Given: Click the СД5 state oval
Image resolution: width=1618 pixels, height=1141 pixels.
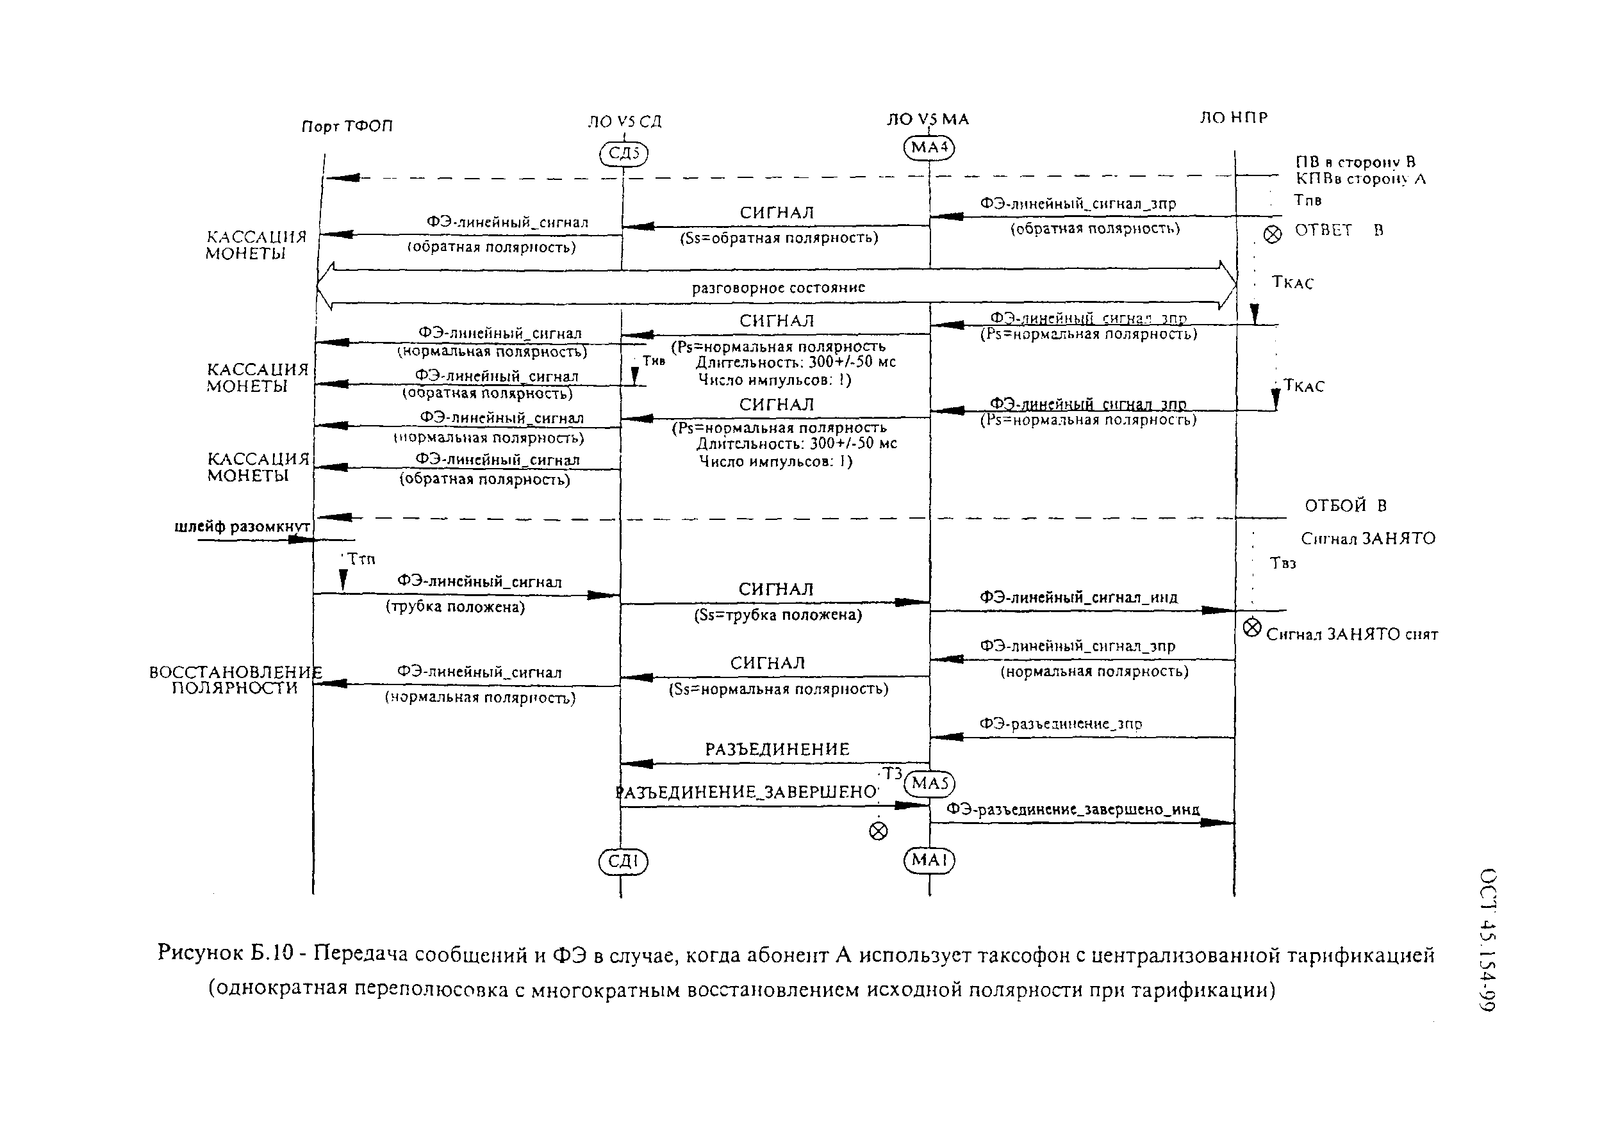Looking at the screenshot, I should pyautogui.click(x=623, y=154).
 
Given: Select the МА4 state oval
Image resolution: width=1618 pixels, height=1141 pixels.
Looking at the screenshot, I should pyautogui.click(x=929, y=148).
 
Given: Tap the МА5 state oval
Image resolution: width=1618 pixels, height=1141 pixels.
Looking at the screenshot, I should pyautogui.click(x=930, y=783).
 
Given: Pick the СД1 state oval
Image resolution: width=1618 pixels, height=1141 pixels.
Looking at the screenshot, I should pyautogui.click(x=623, y=861).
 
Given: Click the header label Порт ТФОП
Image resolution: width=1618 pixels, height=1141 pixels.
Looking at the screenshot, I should pyautogui.click(x=347, y=127).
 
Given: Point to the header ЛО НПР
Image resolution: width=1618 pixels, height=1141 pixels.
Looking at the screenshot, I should pyautogui.click(x=1234, y=118).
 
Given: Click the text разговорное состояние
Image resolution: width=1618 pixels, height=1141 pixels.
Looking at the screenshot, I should pyautogui.click(x=778, y=287).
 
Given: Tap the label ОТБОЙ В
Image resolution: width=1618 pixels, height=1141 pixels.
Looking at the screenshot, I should pyautogui.click(x=1345, y=506).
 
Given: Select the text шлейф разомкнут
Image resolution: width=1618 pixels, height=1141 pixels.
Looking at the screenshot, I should pyautogui.click(x=242, y=527).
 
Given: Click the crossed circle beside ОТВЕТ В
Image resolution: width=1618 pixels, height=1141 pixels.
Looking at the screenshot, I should pyautogui.click(x=1273, y=234).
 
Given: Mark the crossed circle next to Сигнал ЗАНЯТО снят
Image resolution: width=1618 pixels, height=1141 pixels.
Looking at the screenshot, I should pyautogui.click(x=1251, y=627).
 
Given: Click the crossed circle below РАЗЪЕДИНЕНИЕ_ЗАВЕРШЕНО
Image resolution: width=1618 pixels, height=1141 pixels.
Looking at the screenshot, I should pyautogui.click(x=878, y=831).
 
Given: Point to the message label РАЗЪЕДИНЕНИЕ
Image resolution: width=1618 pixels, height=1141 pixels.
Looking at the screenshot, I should pyautogui.click(x=777, y=749).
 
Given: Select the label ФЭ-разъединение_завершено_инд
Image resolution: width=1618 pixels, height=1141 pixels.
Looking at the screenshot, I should pyautogui.click(x=1073, y=809).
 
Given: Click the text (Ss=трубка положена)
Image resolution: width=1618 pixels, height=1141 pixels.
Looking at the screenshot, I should pyautogui.click(x=778, y=615).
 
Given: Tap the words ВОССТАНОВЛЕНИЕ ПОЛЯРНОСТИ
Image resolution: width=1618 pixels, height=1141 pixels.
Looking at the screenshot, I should pyautogui.click(x=235, y=681).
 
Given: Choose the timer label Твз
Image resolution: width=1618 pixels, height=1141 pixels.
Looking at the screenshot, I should pyautogui.click(x=1284, y=563).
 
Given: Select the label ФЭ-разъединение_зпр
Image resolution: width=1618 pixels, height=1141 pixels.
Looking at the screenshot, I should pyautogui.click(x=1061, y=724).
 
